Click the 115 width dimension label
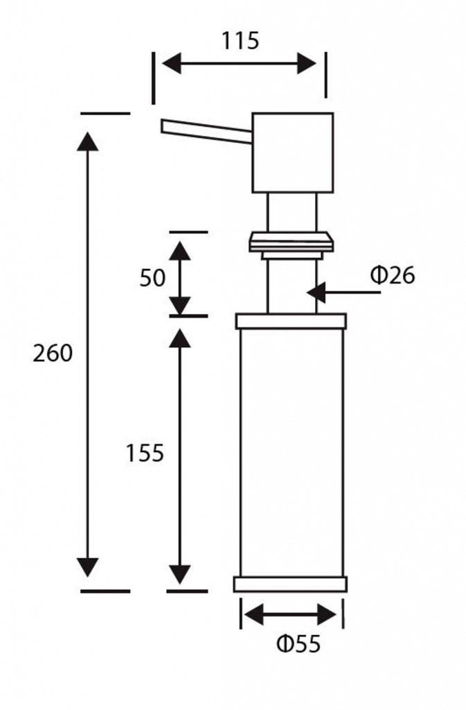tap(240, 40)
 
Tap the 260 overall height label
tap(53, 353)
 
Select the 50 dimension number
tap(152, 277)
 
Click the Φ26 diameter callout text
tap(393, 275)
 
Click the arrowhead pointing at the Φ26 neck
tap(316, 292)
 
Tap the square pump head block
tap(292, 153)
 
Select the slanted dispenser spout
tap(206, 131)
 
